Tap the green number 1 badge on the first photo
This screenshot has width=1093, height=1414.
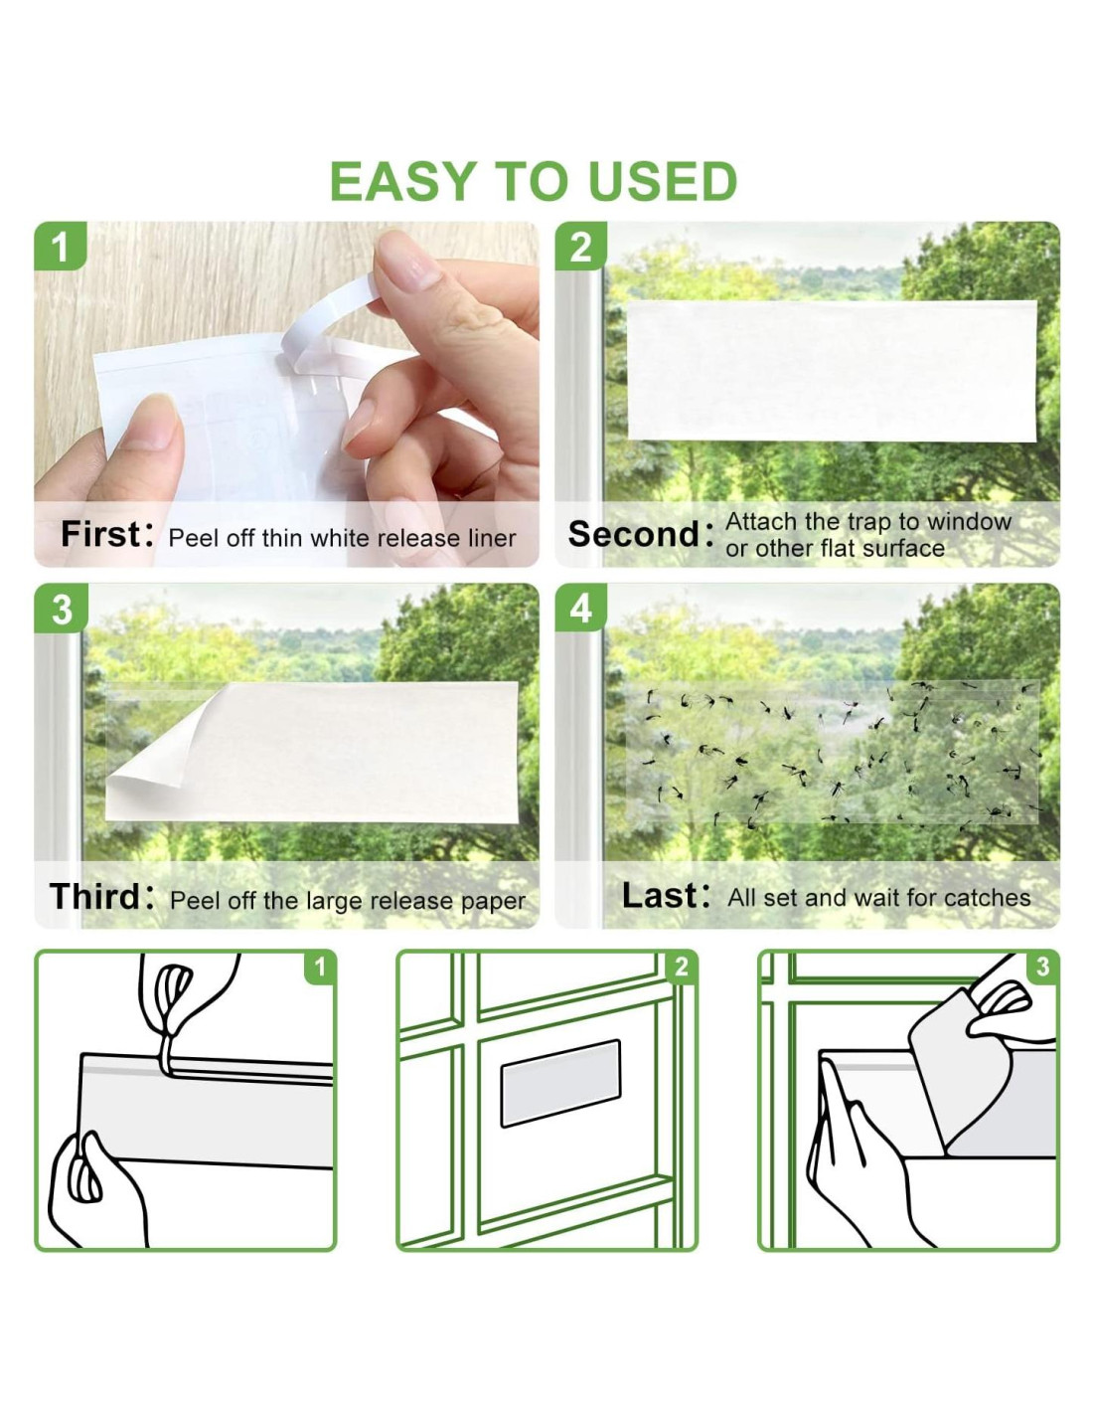61,247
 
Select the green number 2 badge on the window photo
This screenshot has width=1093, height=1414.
580,247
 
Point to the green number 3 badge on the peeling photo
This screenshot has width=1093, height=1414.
61,610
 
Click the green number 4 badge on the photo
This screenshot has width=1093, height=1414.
580,610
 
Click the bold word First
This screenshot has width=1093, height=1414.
100,534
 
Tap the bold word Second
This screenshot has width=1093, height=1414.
633,534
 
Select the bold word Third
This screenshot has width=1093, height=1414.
95,896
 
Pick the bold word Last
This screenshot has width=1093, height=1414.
659,895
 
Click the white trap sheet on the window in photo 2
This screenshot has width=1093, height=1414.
832,371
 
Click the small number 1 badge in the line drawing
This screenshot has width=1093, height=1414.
319,968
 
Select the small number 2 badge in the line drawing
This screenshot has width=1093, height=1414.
681,968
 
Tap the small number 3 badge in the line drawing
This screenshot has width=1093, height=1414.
1042,968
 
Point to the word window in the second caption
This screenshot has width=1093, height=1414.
969,522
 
